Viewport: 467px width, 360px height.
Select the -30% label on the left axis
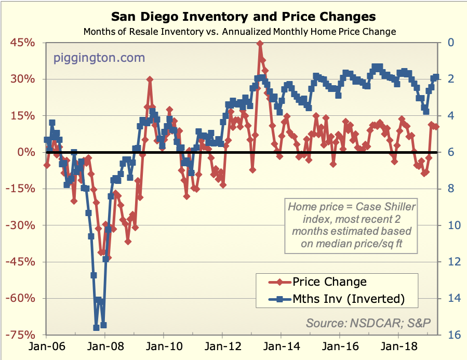pos(22,225)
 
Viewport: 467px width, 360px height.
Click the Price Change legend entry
pos(329,282)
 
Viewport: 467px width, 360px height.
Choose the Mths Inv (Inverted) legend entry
pos(348,299)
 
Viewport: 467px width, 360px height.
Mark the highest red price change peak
pos(259,44)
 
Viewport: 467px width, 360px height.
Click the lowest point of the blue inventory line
pos(96,327)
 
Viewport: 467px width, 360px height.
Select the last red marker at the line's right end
pos(436,126)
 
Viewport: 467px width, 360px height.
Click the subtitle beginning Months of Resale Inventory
pos(239,32)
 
